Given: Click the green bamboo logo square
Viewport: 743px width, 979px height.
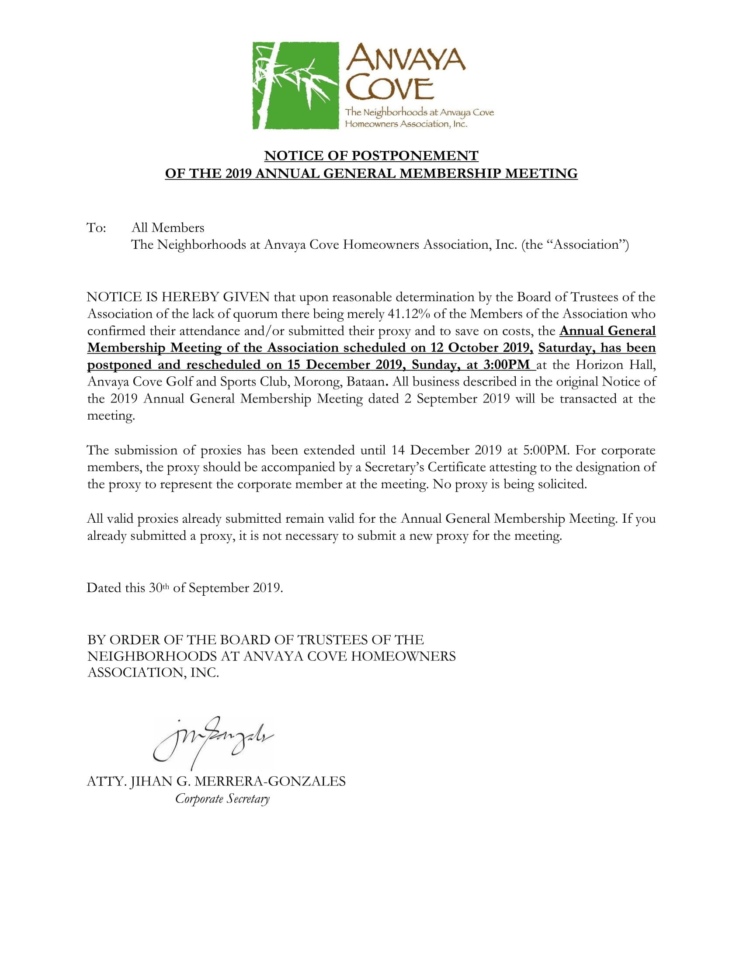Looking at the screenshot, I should pos(295,85).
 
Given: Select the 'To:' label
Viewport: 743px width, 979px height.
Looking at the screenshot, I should pos(96,228).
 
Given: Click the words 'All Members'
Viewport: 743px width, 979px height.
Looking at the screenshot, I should pos(168,228).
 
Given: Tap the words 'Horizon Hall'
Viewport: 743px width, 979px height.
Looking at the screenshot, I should pos(615,365).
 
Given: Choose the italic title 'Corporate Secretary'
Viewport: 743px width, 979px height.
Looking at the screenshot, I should pos(222,798).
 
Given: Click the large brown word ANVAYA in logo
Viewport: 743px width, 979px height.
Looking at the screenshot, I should pos(406,58).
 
